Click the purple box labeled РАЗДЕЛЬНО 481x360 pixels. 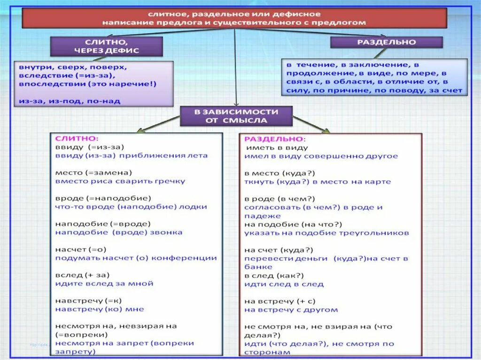click(386, 42)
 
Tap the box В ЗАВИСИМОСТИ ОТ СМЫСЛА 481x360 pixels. click(236, 116)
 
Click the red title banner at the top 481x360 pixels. click(234, 19)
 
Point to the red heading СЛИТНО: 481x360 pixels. click(77, 139)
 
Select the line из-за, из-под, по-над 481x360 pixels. click(70, 101)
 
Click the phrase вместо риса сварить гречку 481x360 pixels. click(120, 181)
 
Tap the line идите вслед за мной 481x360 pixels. click(104, 283)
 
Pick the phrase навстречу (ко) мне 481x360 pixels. click(99, 309)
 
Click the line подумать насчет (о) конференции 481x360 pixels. click(136, 258)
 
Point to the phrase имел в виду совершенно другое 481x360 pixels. click(321, 156)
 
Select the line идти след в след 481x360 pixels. click(284, 284)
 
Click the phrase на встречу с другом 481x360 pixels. click(291, 310)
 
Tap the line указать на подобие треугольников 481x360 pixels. click(326, 233)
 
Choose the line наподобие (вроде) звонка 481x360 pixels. click(118, 232)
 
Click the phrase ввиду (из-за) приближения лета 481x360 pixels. click(131, 155)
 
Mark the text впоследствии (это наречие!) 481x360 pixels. click(88, 84)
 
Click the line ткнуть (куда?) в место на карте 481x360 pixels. click(317, 182)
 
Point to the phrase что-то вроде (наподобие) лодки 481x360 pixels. click(131, 207)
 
